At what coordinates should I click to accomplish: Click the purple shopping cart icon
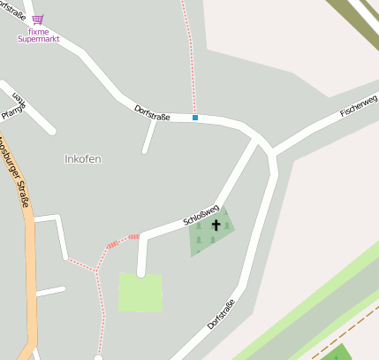37,19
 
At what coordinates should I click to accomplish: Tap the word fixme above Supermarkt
39,32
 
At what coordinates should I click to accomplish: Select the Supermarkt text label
39,40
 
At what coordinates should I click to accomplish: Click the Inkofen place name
83,159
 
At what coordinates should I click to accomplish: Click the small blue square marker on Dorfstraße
195,118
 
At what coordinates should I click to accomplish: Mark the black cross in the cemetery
216,226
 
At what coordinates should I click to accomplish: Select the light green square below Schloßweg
140,292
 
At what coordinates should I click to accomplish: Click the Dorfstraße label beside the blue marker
152,111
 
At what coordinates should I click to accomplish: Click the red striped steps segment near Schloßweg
123,240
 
